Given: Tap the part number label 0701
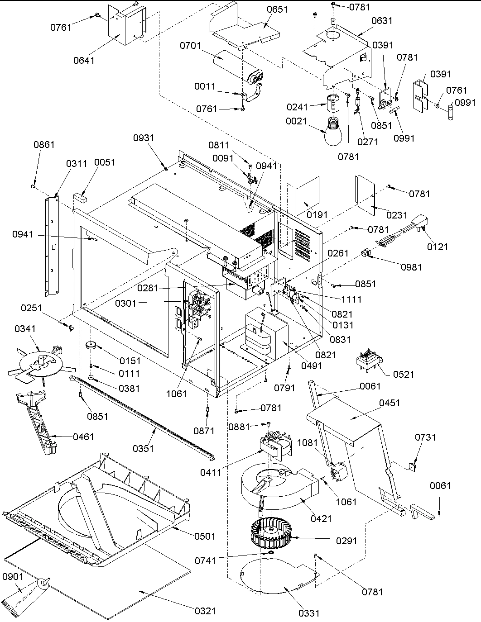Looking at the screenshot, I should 191,46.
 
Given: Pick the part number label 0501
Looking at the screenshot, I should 205,536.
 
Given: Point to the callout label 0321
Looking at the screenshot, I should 206,611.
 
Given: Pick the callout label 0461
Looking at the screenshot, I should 83,437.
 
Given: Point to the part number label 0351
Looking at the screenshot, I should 143,448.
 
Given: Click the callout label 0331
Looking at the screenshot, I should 309,613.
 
